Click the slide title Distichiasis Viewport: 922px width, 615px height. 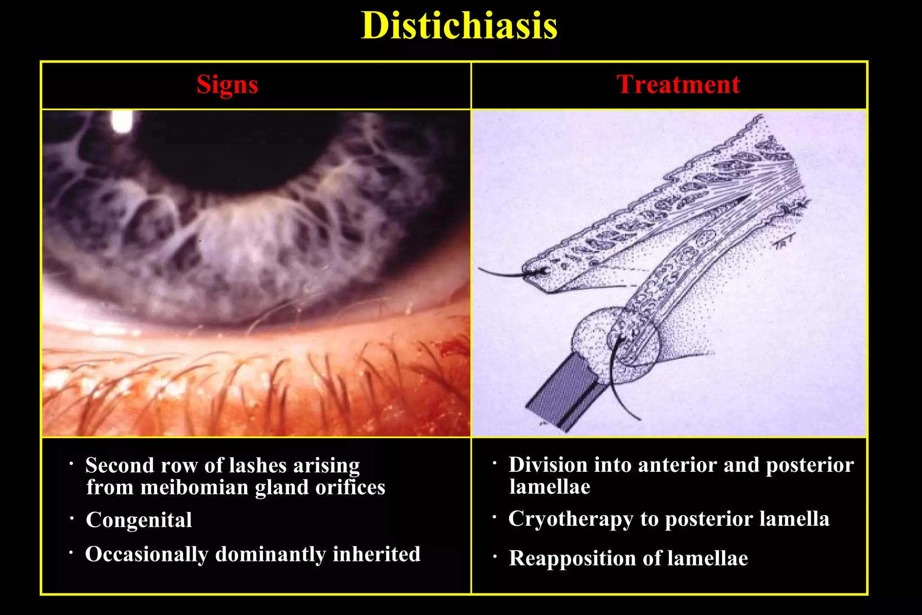coord(459,26)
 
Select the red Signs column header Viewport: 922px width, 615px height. coord(227,85)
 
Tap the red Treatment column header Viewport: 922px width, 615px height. coord(678,85)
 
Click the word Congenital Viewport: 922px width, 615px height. coord(139,520)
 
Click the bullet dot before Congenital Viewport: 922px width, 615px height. coord(72,519)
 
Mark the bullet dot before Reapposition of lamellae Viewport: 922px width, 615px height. coord(495,557)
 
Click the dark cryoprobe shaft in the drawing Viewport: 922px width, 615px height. coord(563,396)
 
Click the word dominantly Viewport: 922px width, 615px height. coord(271,554)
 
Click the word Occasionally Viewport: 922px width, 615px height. coord(146,555)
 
